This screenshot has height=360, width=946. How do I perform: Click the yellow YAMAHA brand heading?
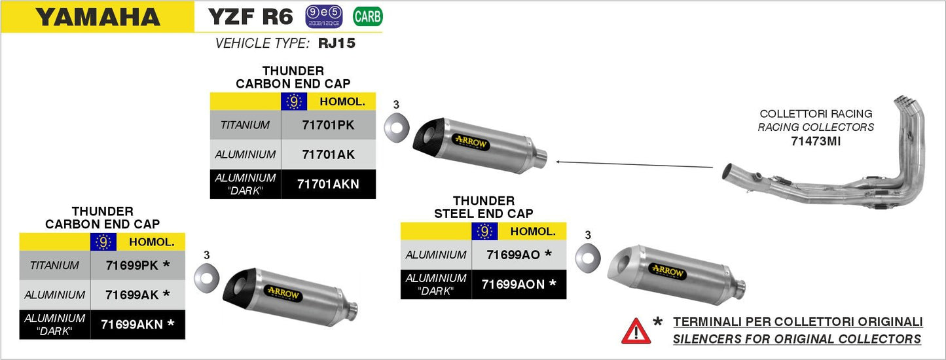[x=98, y=17]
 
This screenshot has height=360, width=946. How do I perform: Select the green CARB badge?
[x=367, y=16]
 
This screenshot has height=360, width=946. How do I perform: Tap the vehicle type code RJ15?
[x=337, y=44]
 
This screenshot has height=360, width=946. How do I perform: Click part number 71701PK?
[x=328, y=125]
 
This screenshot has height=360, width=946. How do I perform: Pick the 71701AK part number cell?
[x=328, y=154]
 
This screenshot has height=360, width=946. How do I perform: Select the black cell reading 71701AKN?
[x=328, y=184]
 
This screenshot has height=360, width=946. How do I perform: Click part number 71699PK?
[x=137, y=265]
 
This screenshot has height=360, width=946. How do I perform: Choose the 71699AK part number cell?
[x=137, y=295]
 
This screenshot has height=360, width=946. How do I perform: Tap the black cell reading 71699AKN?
[x=137, y=324]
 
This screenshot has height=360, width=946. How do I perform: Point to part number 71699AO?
[x=518, y=254]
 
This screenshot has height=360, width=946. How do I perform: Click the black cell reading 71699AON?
[x=518, y=284]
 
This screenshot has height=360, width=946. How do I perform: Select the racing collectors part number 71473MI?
[x=816, y=140]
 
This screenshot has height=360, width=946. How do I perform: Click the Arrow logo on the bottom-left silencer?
[x=283, y=294]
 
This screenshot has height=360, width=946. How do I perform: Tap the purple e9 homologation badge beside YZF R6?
[x=323, y=17]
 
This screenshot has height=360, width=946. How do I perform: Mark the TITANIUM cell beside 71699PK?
[x=54, y=265]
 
